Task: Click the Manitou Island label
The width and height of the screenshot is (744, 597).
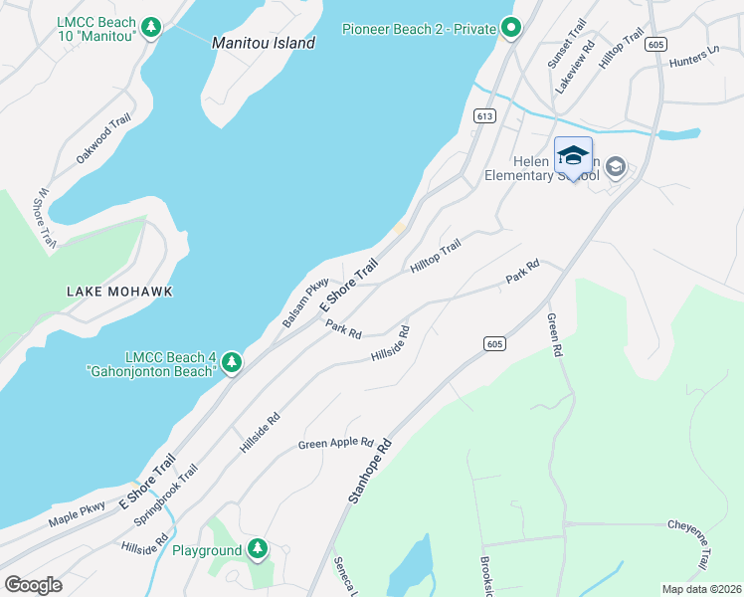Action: pos(264,43)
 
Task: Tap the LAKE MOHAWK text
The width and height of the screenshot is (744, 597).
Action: pos(119,292)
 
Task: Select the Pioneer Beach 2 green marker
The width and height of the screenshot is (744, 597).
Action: pos(511,28)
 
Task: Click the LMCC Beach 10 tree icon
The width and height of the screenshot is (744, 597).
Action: pos(151,27)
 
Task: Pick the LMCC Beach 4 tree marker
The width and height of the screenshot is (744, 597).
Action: pos(232,363)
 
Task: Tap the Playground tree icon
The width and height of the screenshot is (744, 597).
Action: pos(258,549)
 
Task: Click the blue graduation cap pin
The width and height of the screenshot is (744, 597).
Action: pos(573,157)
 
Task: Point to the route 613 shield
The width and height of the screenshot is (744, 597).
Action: pos(484,116)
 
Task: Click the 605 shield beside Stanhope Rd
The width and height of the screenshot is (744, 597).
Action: pos(494,343)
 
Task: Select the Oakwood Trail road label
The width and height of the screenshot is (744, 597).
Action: pos(103,140)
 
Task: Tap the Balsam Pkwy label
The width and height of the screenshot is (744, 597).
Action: pos(305,303)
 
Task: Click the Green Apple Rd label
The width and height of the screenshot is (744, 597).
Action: pos(335,443)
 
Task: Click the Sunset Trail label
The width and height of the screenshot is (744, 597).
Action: pos(566,44)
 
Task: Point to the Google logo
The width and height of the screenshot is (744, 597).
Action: pos(33,584)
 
